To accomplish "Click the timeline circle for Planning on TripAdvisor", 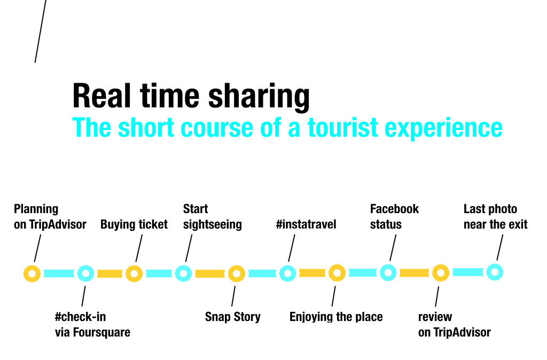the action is (x=26, y=273).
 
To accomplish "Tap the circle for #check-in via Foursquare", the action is (x=80, y=273).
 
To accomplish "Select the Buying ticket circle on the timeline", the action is (x=128, y=273).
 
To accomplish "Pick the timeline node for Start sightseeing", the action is (x=177, y=273).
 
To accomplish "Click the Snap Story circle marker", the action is (x=230, y=273).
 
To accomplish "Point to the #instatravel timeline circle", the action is (x=282, y=273).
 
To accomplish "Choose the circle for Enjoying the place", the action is (x=331, y=273).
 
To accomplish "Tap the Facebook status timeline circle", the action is (x=382, y=272).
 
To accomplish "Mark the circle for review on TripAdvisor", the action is (x=435, y=273).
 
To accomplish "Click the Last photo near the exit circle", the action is (x=489, y=272).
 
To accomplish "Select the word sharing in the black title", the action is (x=259, y=97).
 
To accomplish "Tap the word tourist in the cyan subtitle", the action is (x=343, y=127).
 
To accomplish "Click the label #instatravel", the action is (x=306, y=224).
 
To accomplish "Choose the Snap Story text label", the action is (x=233, y=317).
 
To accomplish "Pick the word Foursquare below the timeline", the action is (x=101, y=332).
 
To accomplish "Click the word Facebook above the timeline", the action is (x=394, y=209).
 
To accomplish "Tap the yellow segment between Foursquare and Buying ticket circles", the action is (x=110, y=274).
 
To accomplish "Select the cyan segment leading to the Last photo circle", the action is (x=468, y=272).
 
